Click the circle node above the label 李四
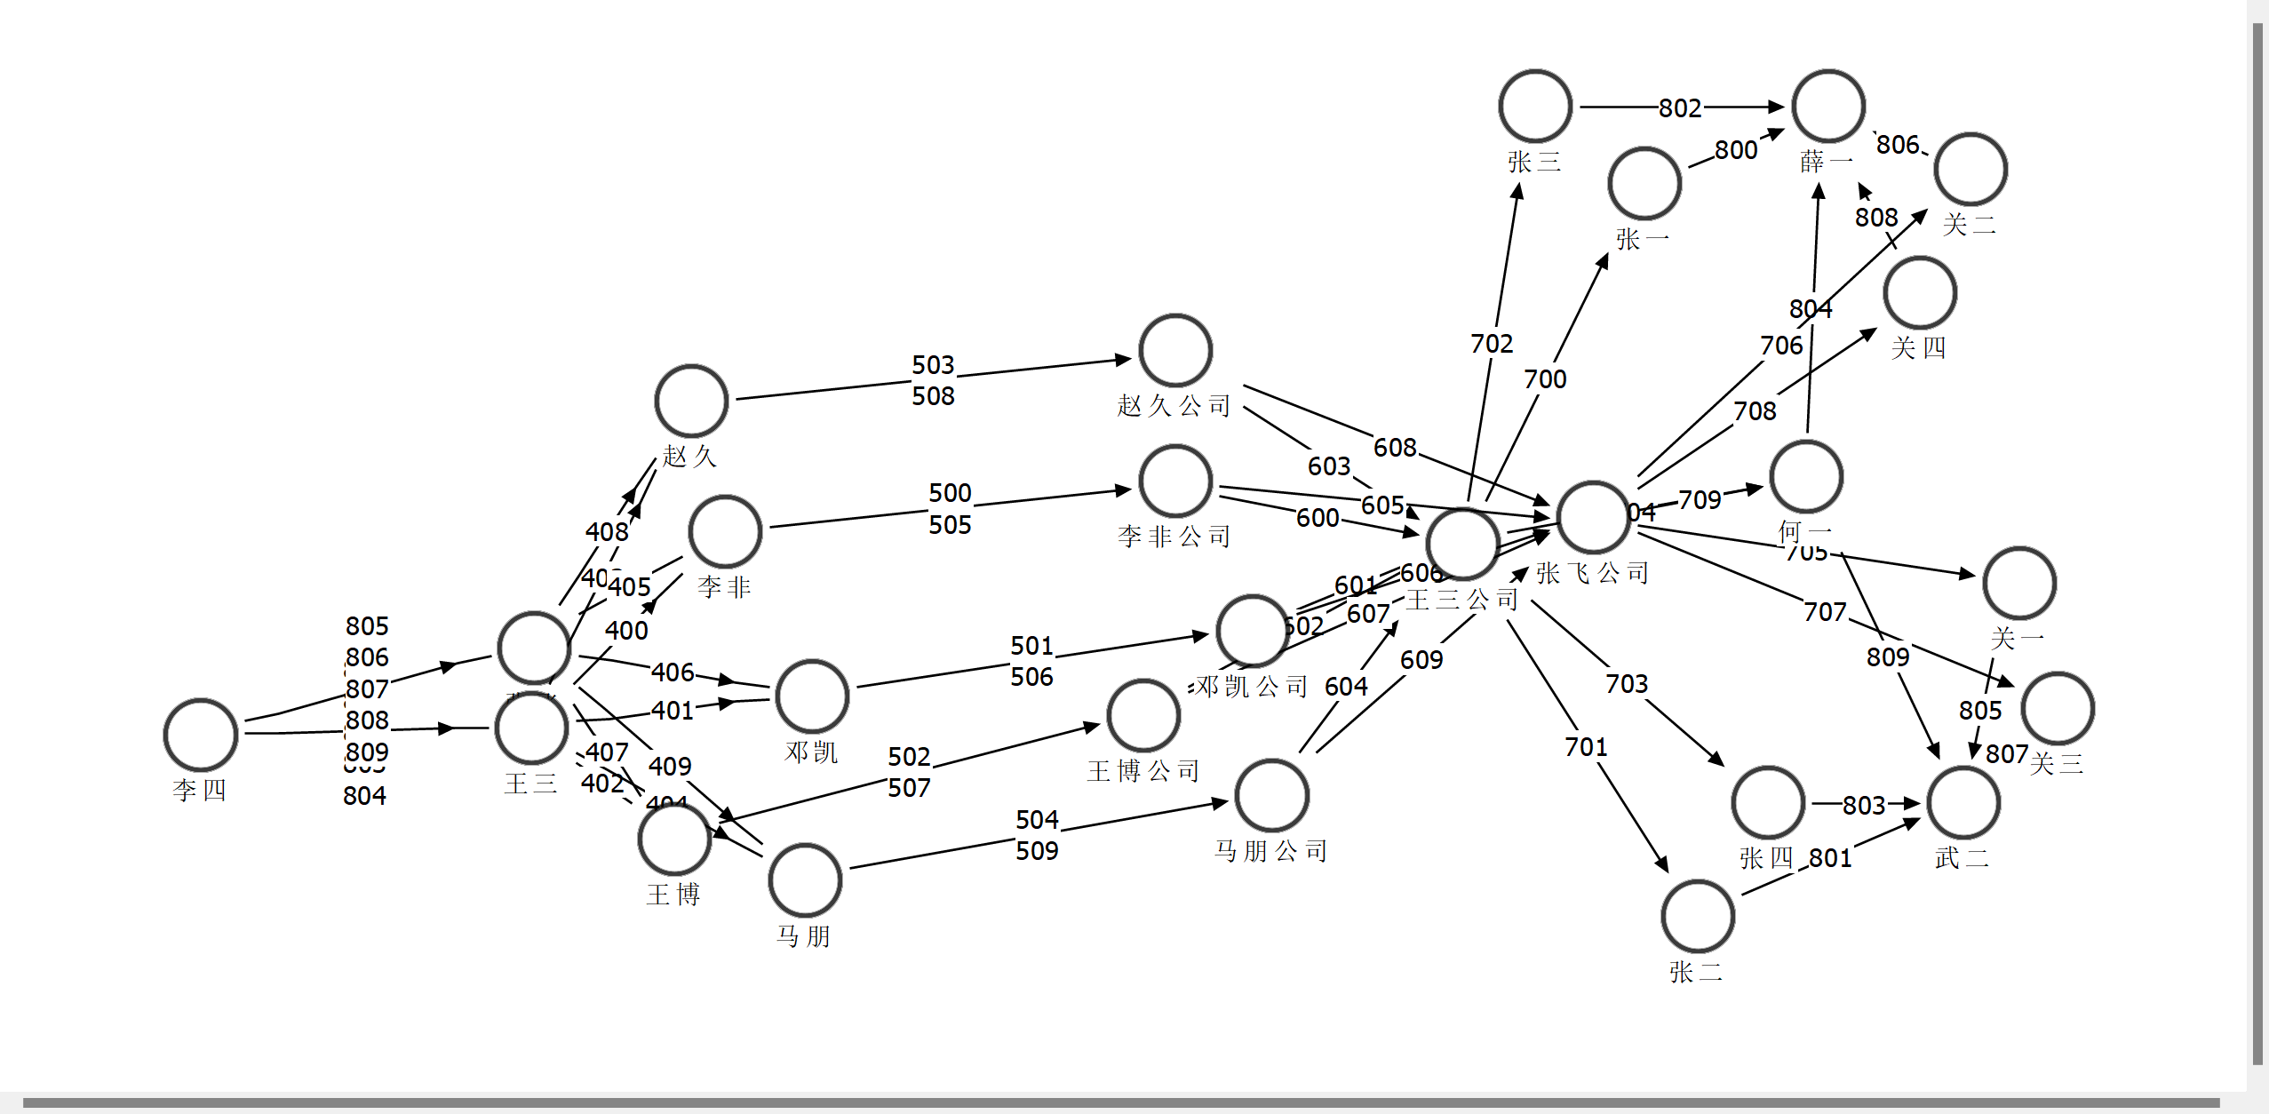coord(201,735)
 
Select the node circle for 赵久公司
coord(1175,350)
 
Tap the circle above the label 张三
coord(1535,106)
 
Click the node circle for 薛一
coord(1828,106)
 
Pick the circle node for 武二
coord(1963,802)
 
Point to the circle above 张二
coord(1698,916)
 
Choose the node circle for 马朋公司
coord(1272,795)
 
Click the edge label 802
coord(1680,108)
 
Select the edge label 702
coord(1492,344)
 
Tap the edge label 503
coord(933,365)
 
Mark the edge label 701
coord(1586,747)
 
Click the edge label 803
coord(1863,805)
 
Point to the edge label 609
coord(1421,660)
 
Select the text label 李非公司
coord(1174,536)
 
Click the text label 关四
coord(1919,347)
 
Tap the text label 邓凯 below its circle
coord(811,752)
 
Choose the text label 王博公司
coord(1143,770)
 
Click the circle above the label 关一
coord(2019,583)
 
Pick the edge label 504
coord(1037,819)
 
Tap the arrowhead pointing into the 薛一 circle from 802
coord(1776,107)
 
